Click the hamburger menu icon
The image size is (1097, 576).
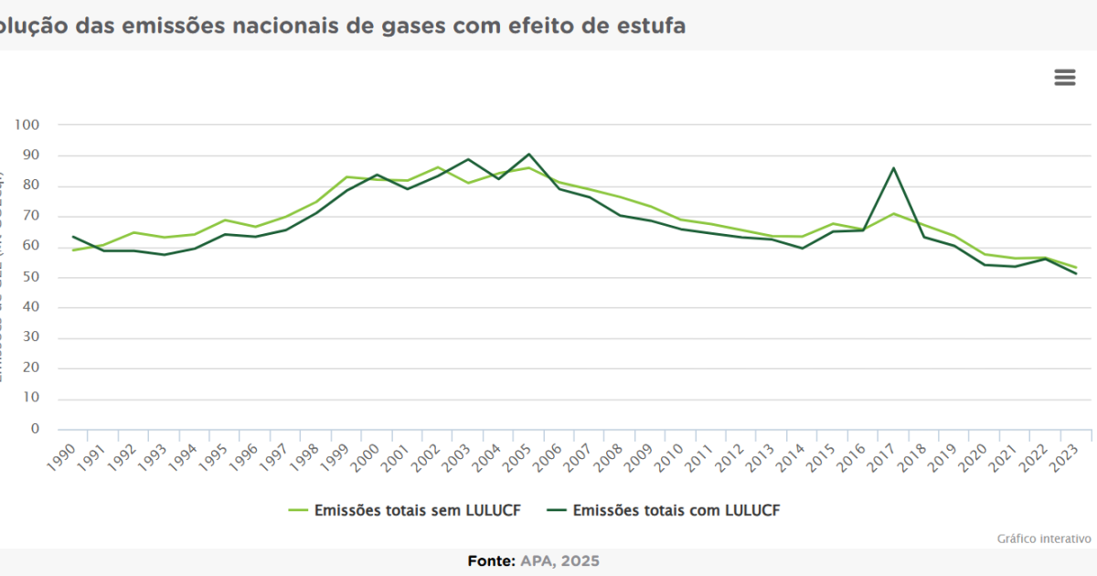pyautogui.click(x=1065, y=78)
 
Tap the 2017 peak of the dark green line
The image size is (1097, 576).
pyautogui.click(x=893, y=168)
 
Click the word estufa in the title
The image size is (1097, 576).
pyautogui.click(x=652, y=25)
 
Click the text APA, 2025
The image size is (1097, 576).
pyautogui.click(x=560, y=560)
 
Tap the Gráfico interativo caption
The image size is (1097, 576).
pyautogui.click(x=1044, y=539)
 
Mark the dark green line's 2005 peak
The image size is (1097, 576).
pyautogui.click(x=528, y=155)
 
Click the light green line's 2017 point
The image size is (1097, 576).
pyautogui.click(x=893, y=214)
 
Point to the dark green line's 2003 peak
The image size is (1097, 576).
pyautogui.click(x=468, y=159)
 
